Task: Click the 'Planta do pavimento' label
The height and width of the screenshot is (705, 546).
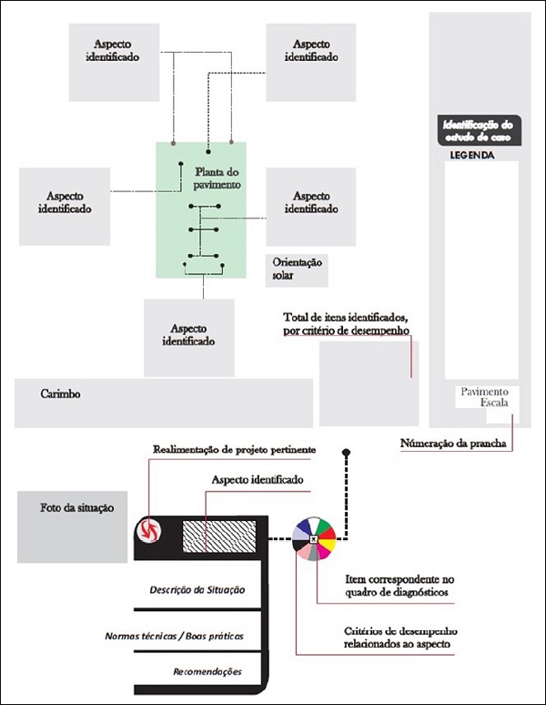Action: coord(217,178)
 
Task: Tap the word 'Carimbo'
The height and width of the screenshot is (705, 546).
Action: coord(61,394)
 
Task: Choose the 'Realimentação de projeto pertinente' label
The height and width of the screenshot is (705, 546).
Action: coord(234,450)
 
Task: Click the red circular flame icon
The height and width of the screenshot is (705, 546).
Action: coord(148,529)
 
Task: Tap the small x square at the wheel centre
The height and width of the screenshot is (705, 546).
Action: coord(313,538)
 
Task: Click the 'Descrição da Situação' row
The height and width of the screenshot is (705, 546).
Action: coord(197,589)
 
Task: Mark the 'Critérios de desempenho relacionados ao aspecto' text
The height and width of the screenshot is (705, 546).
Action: coord(400,638)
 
